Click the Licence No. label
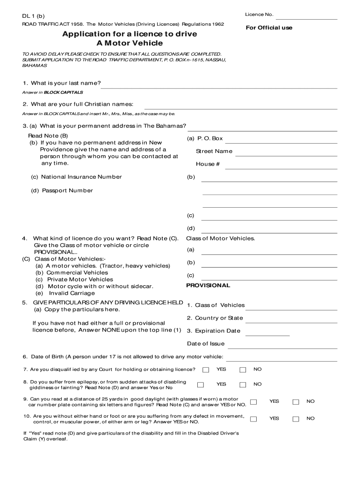pyautogui.click(x=259, y=15)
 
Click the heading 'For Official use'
pyautogui.click(x=269, y=28)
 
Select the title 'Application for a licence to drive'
pyautogui.click(x=130, y=34)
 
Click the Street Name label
pyautogui.click(x=214, y=151)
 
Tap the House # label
pyautogui.click(x=208, y=164)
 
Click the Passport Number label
pyautogui.click(x=67, y=190)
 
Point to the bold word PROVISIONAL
pyautogui.click(x=208, y=285)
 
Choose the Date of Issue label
pyautogui.click(x=206, y=343)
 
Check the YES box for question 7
pyautogui.click(x=206, y=370)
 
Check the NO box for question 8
pyautogui.click(x=243, y=385)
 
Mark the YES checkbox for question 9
pyautogui.click(x=253, y=402)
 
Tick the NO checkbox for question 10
pyautogui.click(x=295, y=419)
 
